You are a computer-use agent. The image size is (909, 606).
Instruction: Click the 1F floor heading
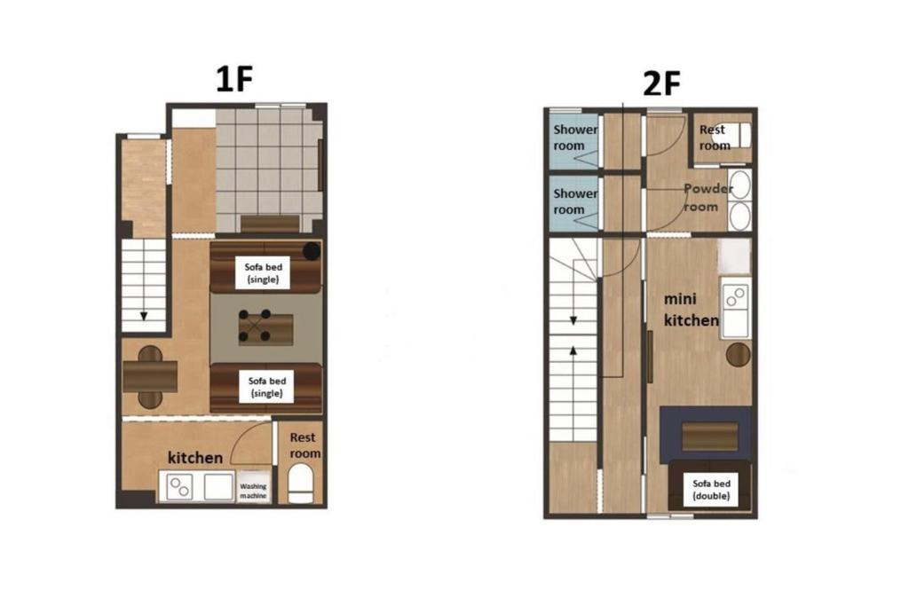click(x=235, y=80)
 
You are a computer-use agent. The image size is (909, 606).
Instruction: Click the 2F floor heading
click(x=661, y=84)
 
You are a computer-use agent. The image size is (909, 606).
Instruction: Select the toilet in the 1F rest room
click(x=301, y=485)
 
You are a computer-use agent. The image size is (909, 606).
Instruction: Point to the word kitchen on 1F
click(x=195, y=458)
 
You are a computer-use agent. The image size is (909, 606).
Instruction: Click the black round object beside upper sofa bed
click(x=311, y=251)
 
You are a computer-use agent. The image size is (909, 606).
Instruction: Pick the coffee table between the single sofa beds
click(x=265, y=329)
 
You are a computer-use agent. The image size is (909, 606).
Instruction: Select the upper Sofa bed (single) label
click(x=265, y=271)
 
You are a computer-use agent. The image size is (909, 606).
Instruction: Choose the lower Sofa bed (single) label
click(x=265, y=386)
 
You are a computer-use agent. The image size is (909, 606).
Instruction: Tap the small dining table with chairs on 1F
click(x=150, y=376)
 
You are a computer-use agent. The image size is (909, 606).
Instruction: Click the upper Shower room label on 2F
click(x=575, y=138)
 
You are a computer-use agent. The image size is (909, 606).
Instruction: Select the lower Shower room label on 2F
click(x=575, y=201)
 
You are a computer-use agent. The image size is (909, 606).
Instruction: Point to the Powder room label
click(x=707, y=197)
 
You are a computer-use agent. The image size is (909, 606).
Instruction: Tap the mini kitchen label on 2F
click(x=691, y=311)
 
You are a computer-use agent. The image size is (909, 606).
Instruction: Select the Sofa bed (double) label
click(x=711, y=490)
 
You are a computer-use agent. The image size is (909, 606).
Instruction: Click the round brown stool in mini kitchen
click(x=738, y=354)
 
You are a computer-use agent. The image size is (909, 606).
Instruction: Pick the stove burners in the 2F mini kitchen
click(x=735, y=297)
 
